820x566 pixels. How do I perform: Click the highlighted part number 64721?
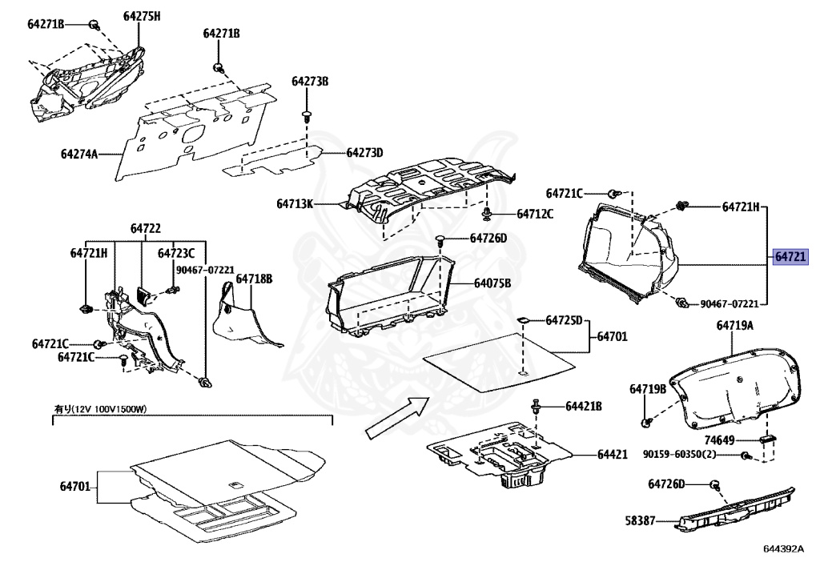click(790, 258)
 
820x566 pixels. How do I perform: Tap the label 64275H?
click(142, 16)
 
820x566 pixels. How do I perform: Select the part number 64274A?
click(78, 153)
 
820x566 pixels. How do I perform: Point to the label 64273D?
click(365, 153)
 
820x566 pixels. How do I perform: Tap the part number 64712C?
click(536, 214)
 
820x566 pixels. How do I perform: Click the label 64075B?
click(492, 283)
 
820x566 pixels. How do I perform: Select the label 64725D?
click(564, 320)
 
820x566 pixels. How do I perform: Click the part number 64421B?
click(583, 407)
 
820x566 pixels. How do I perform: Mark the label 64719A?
click(734, 326)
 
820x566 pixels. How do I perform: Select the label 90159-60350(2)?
click(679, 455)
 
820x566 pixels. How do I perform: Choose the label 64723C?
click(176, 254)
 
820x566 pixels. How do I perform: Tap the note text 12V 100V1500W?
click(109, 409)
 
